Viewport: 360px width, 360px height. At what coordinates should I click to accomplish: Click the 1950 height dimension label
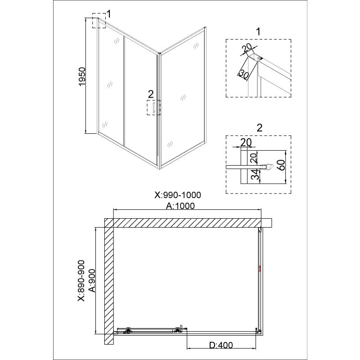82,76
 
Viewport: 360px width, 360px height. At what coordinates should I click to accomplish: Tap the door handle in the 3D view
153,108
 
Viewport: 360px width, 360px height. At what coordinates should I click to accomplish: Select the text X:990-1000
178,195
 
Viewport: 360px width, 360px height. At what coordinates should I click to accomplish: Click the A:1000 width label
180,206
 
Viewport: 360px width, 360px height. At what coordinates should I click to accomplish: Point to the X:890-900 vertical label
81,280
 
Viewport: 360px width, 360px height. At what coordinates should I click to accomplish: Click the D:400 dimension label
221,345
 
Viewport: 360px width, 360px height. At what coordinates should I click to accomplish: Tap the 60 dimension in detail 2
282,165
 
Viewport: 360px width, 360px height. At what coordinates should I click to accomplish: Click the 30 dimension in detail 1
243,74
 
